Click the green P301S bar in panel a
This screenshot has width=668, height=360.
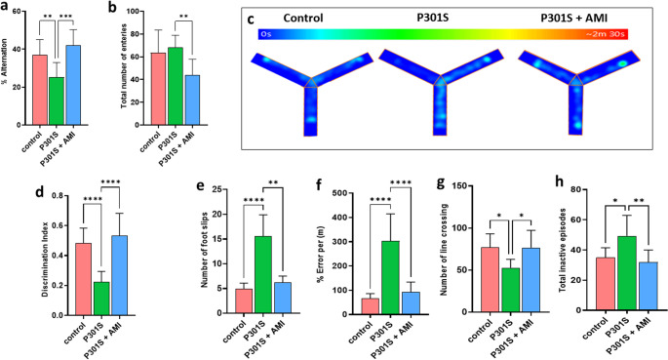click(x=57, y=100)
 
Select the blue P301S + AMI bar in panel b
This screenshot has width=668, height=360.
click(x=192, y=100)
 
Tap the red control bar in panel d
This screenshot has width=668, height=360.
click(x=84, y=279)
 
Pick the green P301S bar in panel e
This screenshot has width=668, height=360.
click(x=263, y=275)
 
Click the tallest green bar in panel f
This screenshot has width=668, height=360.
click(x=390, y=278)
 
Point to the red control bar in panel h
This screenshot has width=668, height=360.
click(x=606, y=284)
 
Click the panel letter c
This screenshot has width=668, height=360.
click(x=251, y=20)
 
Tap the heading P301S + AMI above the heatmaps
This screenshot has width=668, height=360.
click(x=573, y=18)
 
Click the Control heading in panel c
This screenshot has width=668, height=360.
click(x=303, y=18)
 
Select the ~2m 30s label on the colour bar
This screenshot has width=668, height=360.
click(x=606, y=34)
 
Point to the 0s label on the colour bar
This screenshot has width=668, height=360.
click(x=266, y=34)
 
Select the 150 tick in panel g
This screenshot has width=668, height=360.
click(x=462, y=185)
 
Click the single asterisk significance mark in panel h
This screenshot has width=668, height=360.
click(x=615, y=201)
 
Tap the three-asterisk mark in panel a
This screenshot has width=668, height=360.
click(x=66, y=17)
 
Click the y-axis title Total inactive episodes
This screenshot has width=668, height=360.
click(x=562, y=250)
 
